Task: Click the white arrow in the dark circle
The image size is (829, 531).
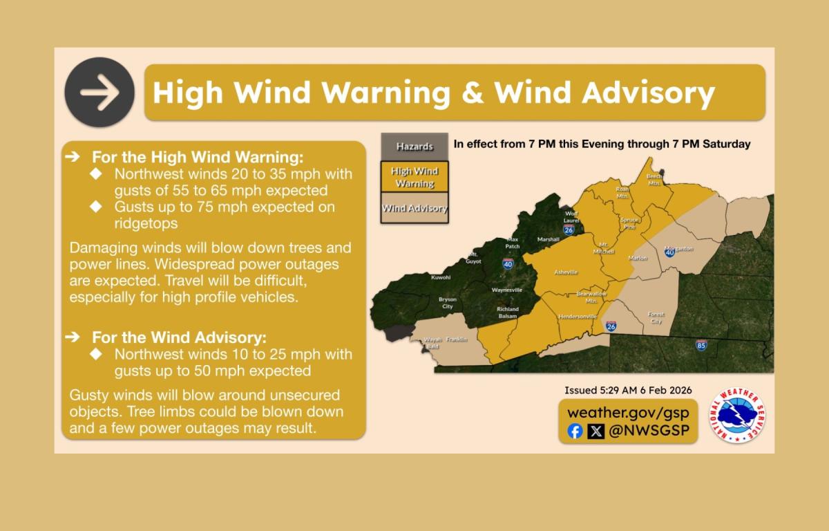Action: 99,93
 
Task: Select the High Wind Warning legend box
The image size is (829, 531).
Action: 414,177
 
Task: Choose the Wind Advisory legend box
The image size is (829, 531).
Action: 414,208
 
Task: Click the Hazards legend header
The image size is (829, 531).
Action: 414,147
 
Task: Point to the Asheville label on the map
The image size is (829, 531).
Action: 566,272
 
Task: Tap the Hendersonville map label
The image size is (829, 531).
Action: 577,316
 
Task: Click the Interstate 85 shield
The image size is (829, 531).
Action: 701,344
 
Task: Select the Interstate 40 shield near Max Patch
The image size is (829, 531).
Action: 508,263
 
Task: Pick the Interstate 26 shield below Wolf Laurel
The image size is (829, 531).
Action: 569,230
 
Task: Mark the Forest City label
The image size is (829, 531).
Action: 656,317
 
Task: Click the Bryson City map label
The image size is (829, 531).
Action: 448,303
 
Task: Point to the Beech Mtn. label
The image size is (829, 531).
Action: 654,180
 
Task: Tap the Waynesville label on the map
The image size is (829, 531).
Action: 507,290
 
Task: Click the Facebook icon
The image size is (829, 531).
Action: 575,431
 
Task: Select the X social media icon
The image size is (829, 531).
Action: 595,431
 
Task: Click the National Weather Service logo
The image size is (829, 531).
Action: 736,417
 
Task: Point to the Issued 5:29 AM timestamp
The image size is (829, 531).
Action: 628,390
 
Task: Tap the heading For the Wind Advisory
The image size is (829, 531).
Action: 179,337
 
